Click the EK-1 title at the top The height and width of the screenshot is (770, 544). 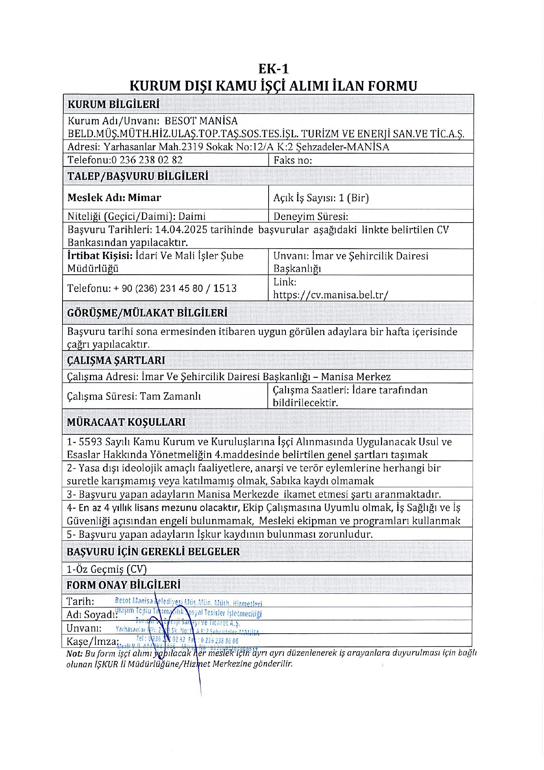click(x=273, y=69)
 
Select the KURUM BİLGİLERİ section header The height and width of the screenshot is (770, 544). click(x=113, y=105)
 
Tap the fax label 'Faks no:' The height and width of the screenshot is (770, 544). click(x=293, y=160)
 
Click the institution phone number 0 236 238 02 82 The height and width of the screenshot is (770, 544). click(x=147, y=160)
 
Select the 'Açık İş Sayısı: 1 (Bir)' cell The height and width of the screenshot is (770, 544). click(x=321, y=198)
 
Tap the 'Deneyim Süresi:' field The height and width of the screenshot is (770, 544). click(x=311, y=217)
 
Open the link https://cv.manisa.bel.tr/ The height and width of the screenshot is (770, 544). click(x=331, y=295)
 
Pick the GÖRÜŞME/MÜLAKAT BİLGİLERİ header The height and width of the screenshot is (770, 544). click(x=147, y=313)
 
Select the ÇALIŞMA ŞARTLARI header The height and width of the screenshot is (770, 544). click(x=116, y=361)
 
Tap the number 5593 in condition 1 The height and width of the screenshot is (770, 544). click(x=91, y=442)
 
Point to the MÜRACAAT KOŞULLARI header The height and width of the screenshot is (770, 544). click(x=126, y=422)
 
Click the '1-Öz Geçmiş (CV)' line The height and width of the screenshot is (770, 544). click(x=107, y=569)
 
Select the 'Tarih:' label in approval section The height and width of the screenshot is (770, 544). click(x=80, y=602)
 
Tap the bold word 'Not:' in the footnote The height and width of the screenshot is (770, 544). click(x=74, y=653)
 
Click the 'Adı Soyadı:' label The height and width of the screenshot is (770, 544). click(x=91, y=615)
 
